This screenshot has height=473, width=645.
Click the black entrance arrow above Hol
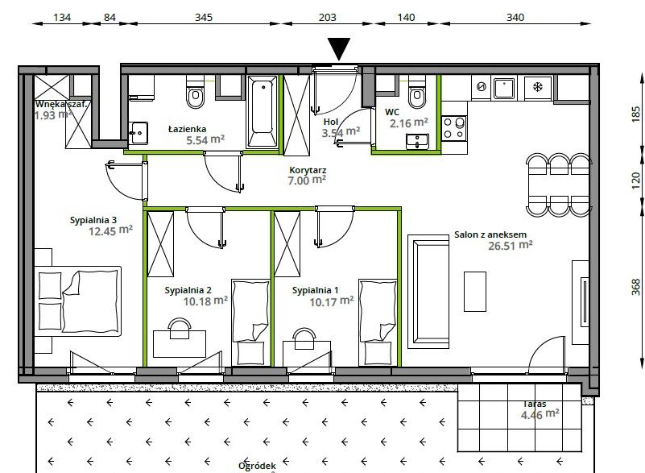pos(340,49)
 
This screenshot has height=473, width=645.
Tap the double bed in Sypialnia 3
pos(76,301)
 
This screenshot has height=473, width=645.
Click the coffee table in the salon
pos(475,291)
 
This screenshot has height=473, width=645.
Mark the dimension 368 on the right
pos(635,286)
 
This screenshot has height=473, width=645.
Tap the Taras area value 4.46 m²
pos(540,415)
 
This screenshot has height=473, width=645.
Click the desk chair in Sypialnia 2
pos(178,326)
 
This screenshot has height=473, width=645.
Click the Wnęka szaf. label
pos(60,103)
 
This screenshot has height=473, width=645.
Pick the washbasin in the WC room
pos(417,141)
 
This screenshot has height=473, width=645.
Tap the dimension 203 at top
pos(327,17)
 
